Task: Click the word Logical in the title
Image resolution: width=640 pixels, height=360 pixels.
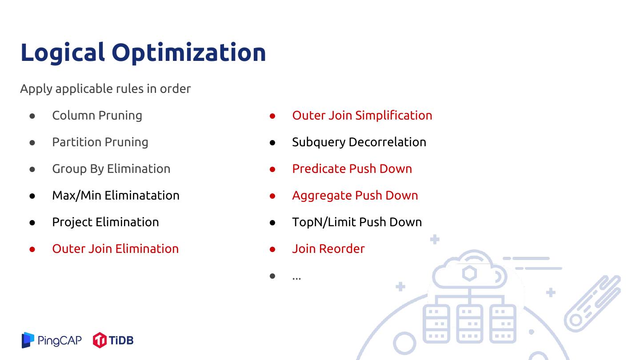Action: pyautogui.click(x=63, y=53)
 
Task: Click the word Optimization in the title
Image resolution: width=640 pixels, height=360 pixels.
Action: pyautogui.click(x=188, y=53)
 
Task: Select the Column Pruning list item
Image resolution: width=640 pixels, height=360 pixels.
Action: pyautogui.click(x=97, y=116)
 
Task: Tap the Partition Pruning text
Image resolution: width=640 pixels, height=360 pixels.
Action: pyautogui.click(x=100, y=142)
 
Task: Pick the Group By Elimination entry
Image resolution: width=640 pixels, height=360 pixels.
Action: pyautogui.click(x=111, y=169)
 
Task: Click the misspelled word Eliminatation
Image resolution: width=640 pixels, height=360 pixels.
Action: pyautogui.click(x=142, y=196)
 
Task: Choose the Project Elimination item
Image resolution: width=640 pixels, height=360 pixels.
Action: pyautogui.click(x=105, y=222)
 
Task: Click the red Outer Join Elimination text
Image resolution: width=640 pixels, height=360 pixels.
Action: pyautogui.click(x=116, y=249)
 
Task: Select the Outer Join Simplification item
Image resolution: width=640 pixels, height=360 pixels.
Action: pyautogui.click(x=362, y=116)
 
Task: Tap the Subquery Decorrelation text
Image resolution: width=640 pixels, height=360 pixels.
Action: pyautogui.click(x=359, y=142)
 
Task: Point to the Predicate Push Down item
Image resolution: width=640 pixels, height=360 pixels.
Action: pyautogui.click(x=352, y=169)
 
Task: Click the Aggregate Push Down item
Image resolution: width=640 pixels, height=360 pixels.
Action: pyautogui.click(x=355, y=196)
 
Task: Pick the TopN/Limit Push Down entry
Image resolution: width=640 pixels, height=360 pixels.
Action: pyautogui.click(x=357, y=222)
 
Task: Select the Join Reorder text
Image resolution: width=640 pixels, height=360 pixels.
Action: pyautogui.click(x=328, y=249)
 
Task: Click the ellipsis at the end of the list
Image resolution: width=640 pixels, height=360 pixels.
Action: pyautogui.click(x=296, y=278)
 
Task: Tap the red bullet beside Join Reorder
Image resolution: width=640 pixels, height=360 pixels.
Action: pyautogui.click(x=272, y=249)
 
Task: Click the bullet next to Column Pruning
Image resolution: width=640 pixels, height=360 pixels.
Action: pyautogui.click(x=32, y=116)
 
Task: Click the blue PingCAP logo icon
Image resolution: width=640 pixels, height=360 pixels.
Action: pyautogui.click(x=28, y=340)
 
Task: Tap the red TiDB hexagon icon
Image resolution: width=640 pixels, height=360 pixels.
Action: pyautogui.click(x=100, y=340)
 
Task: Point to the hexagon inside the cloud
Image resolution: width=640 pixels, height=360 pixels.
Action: pyautogui.click(x=469, y=273)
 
